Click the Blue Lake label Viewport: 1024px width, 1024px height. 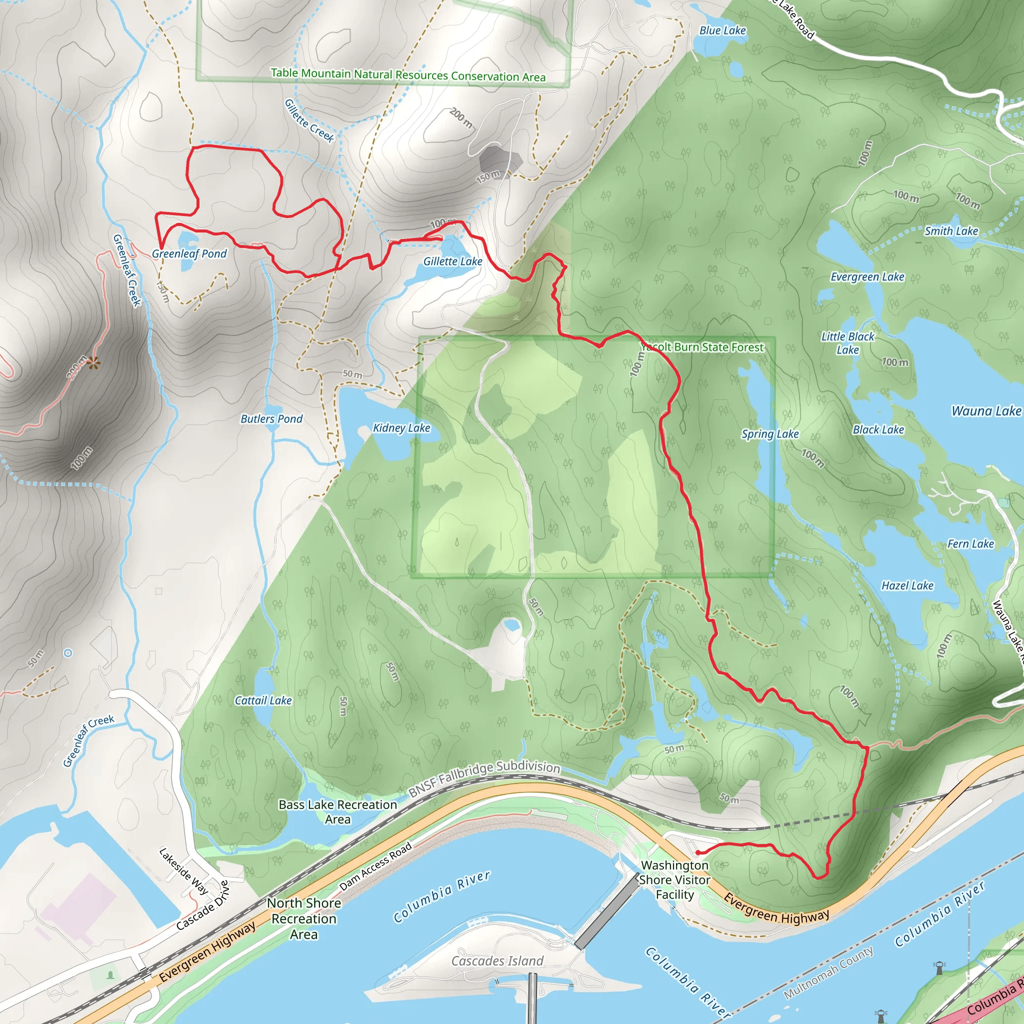coord(722,30)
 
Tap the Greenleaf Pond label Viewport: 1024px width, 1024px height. coord(189,254)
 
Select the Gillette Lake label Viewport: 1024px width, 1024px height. coord(452,261)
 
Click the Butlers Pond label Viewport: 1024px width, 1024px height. coord(271,418)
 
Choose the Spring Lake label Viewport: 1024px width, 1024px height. coord(769,434)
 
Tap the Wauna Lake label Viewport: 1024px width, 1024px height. coord(986,411)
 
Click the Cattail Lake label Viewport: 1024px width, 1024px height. coord(263,700)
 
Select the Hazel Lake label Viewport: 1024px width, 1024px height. coord(907,585)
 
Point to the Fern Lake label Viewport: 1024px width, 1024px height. coord(970,544)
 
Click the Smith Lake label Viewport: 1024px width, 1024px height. coord(951,231)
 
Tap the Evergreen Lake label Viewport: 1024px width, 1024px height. coord(867,276)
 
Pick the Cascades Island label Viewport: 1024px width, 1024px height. coord(497,961)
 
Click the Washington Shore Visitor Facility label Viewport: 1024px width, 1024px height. coord(674,880)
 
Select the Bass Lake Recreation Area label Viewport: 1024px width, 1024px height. coord(337,812)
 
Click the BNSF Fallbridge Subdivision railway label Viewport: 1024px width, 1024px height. coord(484,778)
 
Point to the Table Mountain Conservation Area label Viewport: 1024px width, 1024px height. coord(408,75)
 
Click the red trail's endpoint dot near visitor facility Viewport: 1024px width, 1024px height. coord(698,853)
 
